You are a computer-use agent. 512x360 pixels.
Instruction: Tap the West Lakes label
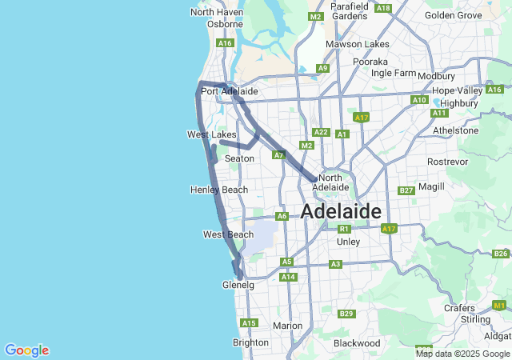pyautogui.click(x=212, y=134)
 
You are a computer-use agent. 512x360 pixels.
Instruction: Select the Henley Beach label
pyautogui.click(x=219, y=190)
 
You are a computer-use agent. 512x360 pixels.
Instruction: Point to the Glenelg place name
pyautogui.click(x=238, y=285)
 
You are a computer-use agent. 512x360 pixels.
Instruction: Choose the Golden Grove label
pyautogui.click(x=454, y=15)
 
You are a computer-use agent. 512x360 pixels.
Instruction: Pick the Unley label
pyautogui.click(x=349, y=241)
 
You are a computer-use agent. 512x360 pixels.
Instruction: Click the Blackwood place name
pyautogui.click(x=356, y=343)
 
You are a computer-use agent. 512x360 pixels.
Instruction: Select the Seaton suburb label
pyautogui.click(x=239, y=158)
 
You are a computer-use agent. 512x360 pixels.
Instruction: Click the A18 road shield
pyautogui.click(x=383, y=8)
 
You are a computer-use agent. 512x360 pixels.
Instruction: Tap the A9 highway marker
pyautogui.click(x=322, y=69)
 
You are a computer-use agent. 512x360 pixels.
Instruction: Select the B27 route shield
pyautogui.click(x=406, y=190)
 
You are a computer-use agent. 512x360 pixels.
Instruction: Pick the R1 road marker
pyautogui.click(x=343, y=229)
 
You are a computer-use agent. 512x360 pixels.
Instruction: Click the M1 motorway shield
pyautogui.click(x=499, y=306)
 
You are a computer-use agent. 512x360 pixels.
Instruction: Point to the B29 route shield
pyautogui.click(x=346, y=314)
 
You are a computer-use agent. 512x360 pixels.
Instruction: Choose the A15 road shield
pyautogui.click(x=249, y=323)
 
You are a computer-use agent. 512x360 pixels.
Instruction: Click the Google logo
pyautogui.click(x=26, y=350)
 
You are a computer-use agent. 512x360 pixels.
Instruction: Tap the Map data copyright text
pyautogui.click(x=462, y=354)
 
